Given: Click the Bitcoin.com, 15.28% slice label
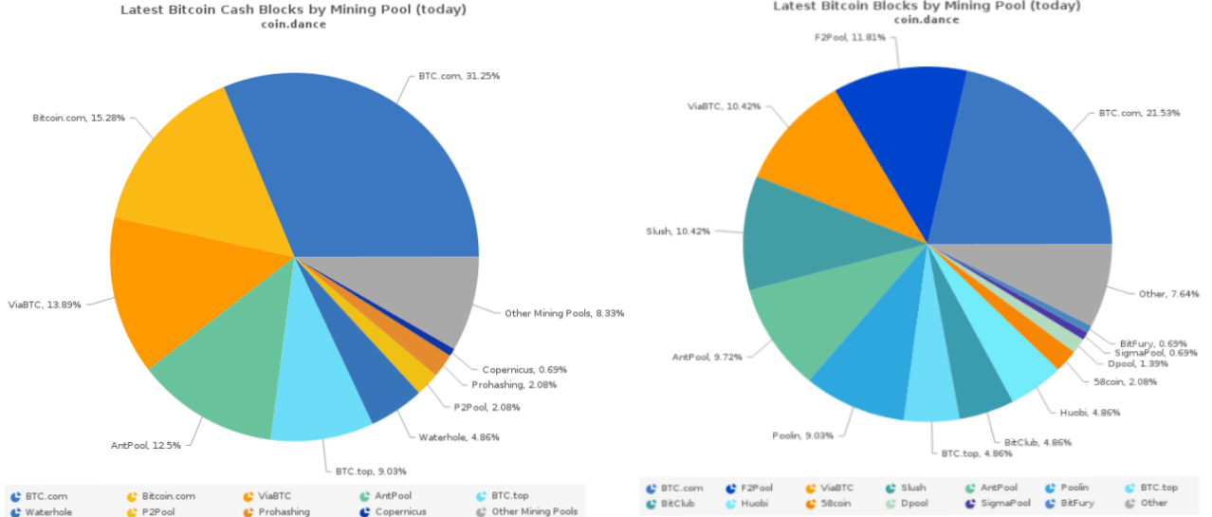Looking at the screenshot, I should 79,118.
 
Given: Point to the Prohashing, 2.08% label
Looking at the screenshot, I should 514,384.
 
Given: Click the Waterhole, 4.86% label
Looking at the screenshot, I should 459,437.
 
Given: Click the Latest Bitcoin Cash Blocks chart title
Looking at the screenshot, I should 293,9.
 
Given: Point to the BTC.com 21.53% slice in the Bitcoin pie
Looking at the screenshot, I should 1034,171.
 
